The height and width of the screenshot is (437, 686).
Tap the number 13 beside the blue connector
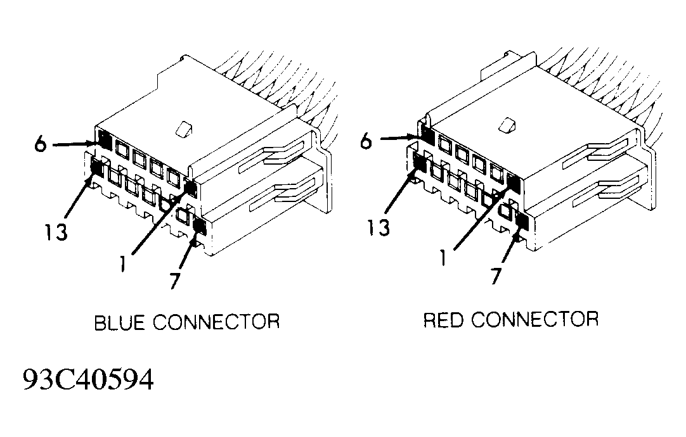[x=56, y=232]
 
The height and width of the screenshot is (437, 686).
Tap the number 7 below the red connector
[x=496, y=277]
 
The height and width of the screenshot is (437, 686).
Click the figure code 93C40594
[x=88, y=380]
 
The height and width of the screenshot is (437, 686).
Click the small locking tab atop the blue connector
[x=183, y=128]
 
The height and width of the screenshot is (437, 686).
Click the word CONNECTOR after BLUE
[x=217, y=322]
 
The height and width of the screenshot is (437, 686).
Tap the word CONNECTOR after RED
[x=534, y=319]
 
